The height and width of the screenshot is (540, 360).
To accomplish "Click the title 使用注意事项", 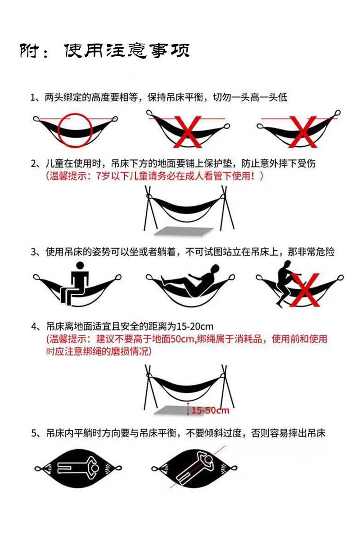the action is [x=127, y=50].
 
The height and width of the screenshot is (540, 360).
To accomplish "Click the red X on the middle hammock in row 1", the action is [x=188, y=132].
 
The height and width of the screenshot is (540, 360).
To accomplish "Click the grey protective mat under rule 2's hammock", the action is [x=184, y=231].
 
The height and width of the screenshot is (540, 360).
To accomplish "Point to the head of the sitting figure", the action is [x=80, y=265].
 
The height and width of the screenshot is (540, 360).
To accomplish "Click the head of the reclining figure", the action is [x=215, y=269].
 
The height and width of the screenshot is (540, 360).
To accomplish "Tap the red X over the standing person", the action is [x=305, y=290].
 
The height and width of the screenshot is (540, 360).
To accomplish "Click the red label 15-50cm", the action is [x=210, y=410].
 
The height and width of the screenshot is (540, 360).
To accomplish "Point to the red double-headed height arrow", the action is [x=188, y=409].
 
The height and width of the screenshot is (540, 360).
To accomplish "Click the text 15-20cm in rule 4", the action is [x=195, y=327].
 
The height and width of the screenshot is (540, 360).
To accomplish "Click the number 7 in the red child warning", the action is [x=99, y=176].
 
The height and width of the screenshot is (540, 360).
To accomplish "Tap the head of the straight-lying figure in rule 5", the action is [x=95, y=468].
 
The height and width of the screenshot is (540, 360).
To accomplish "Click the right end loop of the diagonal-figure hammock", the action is [x=234, y=468].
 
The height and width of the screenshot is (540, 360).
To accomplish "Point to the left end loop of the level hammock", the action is [x=36, y=119].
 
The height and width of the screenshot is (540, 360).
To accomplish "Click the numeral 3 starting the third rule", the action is [x=33, y=252].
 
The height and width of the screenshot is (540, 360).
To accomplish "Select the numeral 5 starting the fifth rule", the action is [x=34, y=433].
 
